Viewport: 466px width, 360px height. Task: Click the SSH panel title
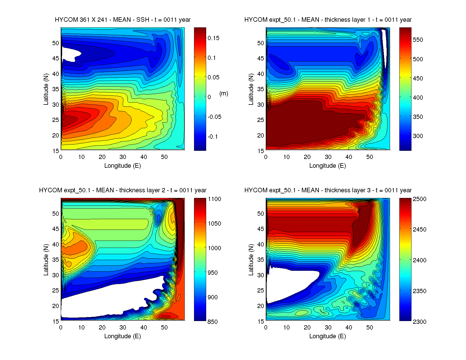[123, 20]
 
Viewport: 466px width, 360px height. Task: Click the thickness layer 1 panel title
[328, 20]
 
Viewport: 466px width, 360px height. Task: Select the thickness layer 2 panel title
[123, 190]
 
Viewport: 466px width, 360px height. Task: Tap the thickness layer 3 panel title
[328, 190]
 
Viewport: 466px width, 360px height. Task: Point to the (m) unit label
[224, 93]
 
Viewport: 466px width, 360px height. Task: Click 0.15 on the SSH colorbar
[213, 38]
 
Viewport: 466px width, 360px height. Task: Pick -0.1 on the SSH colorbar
[213, 137]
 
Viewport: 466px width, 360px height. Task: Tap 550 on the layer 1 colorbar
[418, 40]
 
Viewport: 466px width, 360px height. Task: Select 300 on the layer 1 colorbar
[418, 136]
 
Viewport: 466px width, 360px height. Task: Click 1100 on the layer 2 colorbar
[214, 199]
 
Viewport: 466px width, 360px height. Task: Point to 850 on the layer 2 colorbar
[212, 322]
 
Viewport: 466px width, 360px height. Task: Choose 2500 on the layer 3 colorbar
[419, 199]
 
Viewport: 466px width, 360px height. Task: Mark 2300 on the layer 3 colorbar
[419, 322]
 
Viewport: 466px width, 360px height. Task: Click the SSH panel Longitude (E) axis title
[123, 166]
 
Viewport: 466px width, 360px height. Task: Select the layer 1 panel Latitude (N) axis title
[251, 89]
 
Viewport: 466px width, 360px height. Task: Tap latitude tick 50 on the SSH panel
[56, 43]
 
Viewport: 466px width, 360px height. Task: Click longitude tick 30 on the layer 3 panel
[328, 328]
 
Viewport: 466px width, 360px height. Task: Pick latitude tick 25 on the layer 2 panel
[56, 291]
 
